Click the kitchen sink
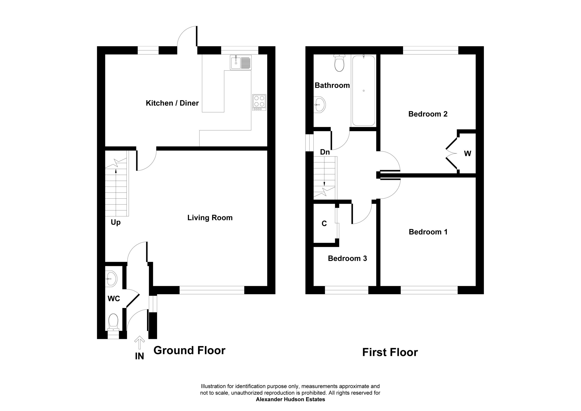(x=241, y=62)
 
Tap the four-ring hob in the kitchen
(x=259, y=102)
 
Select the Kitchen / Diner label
(x=172, y=103)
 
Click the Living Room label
(x=210, y=218)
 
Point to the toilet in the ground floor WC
(x=113, y=322)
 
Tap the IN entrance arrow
(x=139, y=343)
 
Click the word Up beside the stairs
(x=116, y=222)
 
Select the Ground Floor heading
(x=189, y=350)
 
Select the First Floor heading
(x=390, y=352)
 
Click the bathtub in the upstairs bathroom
(x=363, y=91)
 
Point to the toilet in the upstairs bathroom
(x=339, y=63)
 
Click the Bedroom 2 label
(x=428, y=114)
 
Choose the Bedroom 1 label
(x=428, y=232)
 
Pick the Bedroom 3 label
(x=347, y=259)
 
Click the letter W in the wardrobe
(x=468, y=154)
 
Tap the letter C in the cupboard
(x=324, y=224)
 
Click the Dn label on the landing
(x=325, y=152)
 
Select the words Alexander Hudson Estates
(x=290, y=399)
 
